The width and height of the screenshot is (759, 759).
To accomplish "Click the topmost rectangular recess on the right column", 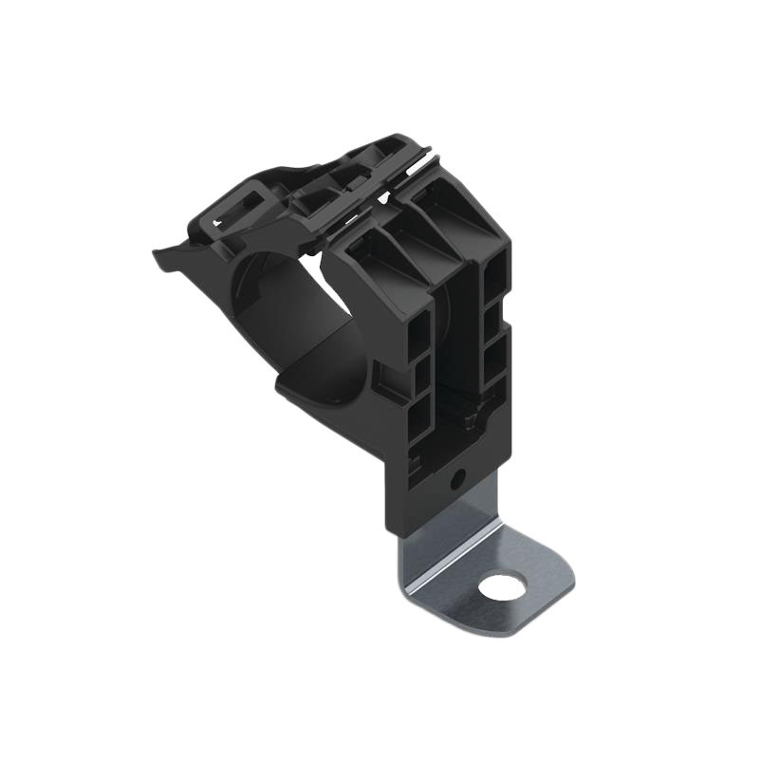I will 495,285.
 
